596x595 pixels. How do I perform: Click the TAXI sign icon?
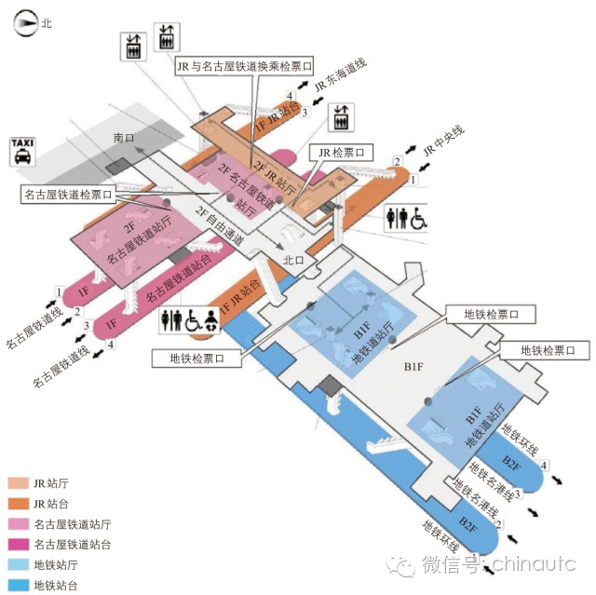22,151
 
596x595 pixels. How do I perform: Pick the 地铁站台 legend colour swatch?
17,586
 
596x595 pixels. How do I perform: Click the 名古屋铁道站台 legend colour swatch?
17,545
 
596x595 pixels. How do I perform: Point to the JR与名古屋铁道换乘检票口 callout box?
244,66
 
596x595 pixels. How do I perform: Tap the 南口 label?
124,138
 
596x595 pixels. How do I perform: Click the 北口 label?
293,261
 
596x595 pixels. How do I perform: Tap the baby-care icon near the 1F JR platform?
210,319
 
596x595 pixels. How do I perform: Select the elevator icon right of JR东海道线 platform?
341,117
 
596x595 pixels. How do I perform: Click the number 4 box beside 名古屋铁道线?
111,345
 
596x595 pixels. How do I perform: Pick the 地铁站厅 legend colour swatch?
17,565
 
